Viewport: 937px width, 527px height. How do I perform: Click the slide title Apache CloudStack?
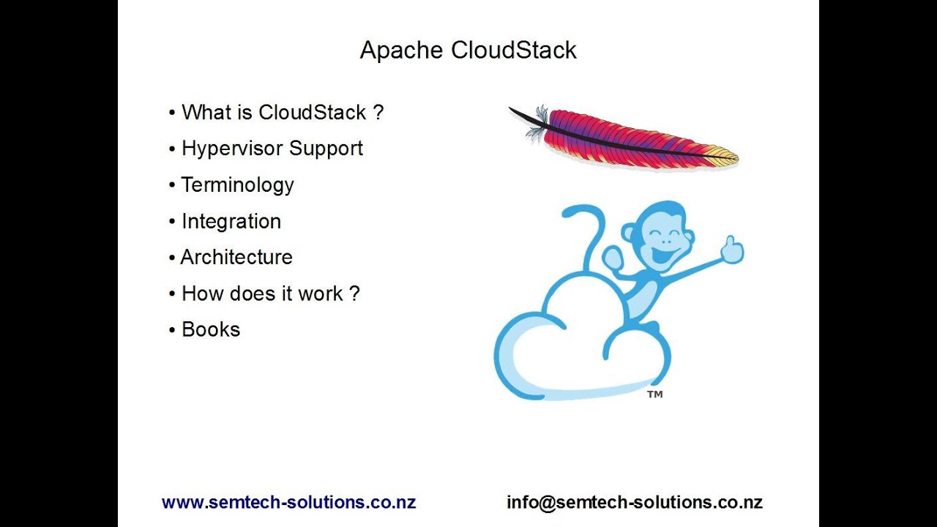[x=468, y=50]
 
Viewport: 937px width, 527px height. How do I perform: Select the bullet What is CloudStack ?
[x=282, y=113]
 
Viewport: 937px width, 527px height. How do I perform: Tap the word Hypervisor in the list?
[x=233, y=149]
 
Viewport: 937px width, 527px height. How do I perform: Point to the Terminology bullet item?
[x=237, y=184]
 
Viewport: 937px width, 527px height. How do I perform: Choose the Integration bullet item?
[x=231, y=221]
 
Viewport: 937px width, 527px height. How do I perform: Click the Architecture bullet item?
[x=236, y=257]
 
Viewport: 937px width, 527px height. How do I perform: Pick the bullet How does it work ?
[x=270, y=294]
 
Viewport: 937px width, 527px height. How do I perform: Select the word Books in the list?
[x=211, y=329]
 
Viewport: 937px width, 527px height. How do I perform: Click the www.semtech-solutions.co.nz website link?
[x=288, y=503]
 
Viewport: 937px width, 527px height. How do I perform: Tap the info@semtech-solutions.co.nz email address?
[x=635, y=503]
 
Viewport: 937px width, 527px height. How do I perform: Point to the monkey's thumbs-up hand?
[x=732, y=250]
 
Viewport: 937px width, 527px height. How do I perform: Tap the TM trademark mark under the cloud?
[x=655, y=395]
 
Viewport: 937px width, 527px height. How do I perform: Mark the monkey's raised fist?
[x=612, y=258]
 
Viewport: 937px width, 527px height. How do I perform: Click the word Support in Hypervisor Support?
[x=326, y=149]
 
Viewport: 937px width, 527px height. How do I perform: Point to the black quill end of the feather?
[x=521, y=116]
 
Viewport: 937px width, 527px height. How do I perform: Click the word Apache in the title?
[x=402, y=50]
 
